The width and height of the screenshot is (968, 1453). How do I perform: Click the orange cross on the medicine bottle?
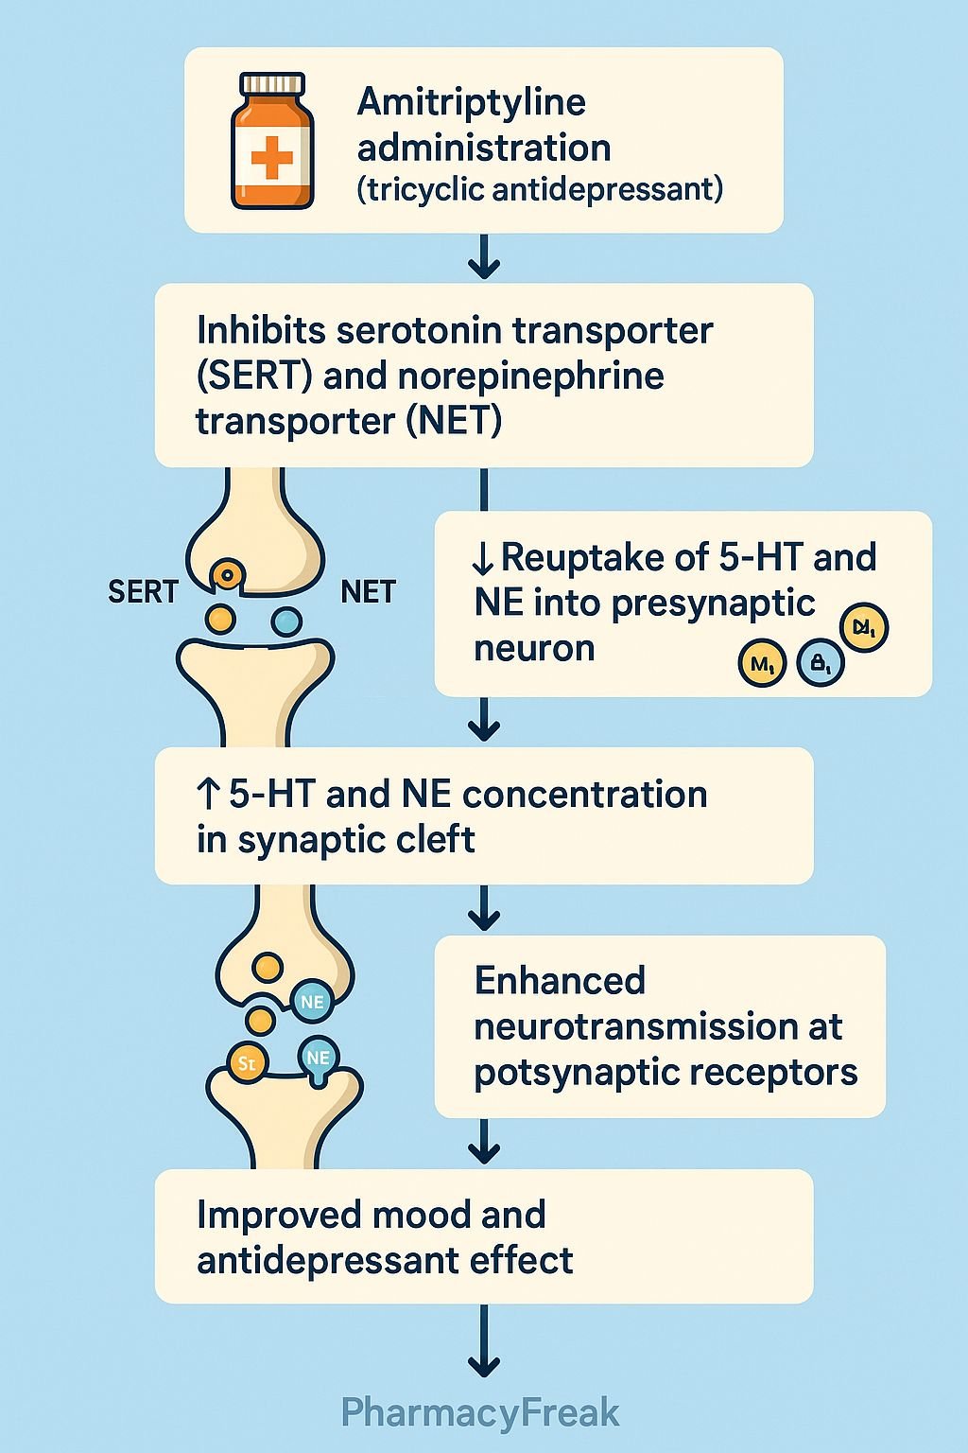coord(271,157)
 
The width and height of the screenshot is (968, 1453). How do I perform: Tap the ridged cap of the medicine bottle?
coord(272,85)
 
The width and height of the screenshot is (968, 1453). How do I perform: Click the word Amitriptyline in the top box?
coord(471,102)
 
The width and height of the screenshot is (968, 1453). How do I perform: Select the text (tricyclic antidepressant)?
coord(540,189)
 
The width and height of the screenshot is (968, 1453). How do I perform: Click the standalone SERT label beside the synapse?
coord(143,592)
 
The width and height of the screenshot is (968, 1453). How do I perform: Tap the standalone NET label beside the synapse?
coord(368,592)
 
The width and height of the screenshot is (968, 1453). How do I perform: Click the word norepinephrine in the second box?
coord(530,376)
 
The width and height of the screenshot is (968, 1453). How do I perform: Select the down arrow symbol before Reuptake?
coord(483,559)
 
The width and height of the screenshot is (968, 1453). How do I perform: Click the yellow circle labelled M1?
coord(762,664)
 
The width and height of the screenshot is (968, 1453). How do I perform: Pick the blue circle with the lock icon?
coord(821,664)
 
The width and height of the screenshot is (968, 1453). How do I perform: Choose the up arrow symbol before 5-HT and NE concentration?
coord(209,795)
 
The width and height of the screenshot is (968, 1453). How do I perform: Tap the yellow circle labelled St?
coord(248,1063)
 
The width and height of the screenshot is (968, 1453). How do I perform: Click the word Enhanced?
coord(560,981)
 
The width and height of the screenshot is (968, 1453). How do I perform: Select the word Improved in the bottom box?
coord(272,1215)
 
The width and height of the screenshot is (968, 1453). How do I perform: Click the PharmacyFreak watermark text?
coord(480,1413)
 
